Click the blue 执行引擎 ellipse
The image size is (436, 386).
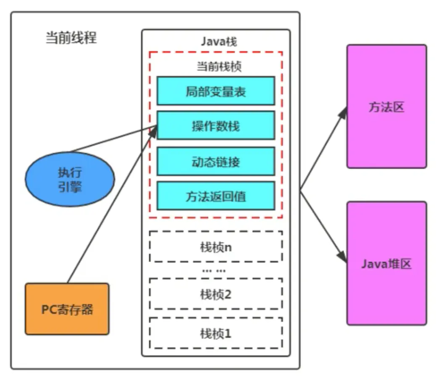[70, 179]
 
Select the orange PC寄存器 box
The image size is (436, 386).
[67, 309]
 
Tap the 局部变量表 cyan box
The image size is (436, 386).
[216, 91]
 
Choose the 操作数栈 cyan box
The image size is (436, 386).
[216, 125]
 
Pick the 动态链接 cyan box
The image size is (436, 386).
[216, 162]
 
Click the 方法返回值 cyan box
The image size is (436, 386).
[216, 196]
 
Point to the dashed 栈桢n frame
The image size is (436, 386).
[216, 231]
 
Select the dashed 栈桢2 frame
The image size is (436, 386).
[216, 279]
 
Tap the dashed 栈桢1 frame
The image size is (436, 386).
[216, 318]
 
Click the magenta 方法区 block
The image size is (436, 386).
[386, 106]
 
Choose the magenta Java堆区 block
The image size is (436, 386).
[386, 263]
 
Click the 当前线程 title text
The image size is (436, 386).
[71, 37]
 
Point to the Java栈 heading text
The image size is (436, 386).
[219, 42]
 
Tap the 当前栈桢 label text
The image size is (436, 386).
[219, 67]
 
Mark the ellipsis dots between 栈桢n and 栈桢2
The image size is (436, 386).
[214, 271]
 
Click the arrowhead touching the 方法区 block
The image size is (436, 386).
[343, 113]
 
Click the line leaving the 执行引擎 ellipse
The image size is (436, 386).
[113, 139]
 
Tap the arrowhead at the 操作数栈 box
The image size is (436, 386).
[152, 133]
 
